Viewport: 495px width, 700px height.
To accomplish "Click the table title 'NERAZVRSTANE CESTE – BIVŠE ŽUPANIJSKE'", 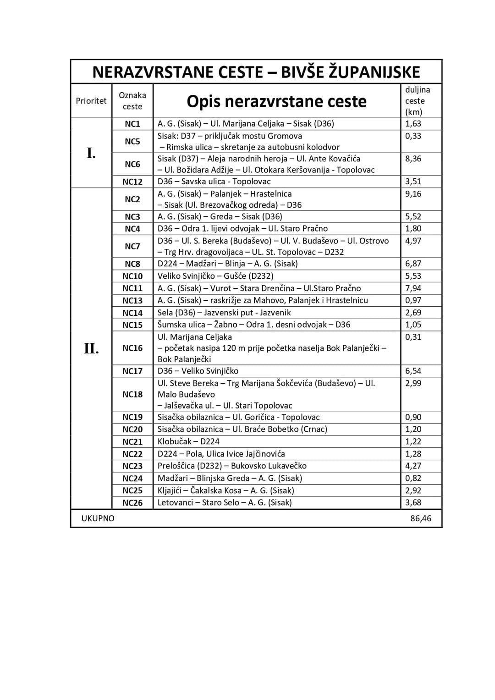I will click(x=256, y=72).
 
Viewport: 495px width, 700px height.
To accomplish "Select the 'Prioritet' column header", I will click(x=91, y=101).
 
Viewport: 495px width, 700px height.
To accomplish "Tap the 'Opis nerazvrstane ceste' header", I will click(x=276, y=101).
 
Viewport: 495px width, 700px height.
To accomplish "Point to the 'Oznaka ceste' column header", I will click(x=132, y=101).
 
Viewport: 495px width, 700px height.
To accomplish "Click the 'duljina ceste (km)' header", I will click(x=417, y=101).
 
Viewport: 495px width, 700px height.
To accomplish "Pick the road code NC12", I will click(x=132, y=182).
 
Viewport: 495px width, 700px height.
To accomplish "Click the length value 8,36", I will click(x=413, y=159).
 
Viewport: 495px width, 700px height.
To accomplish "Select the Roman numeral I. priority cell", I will click(x=91, y=153).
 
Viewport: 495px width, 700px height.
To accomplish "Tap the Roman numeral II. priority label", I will click(x=91, y=348).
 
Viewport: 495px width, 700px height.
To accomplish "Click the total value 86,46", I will click(x=421, y=518).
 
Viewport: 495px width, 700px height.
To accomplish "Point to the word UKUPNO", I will click(x=98, y=518).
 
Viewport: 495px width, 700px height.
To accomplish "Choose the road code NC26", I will click(x=132, y=503).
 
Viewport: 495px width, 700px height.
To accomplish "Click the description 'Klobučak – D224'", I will click(x=188, y=441).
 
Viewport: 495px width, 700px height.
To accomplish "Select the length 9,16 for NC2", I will click(x=413, y=194).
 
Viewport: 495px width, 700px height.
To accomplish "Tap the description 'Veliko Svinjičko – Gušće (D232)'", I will click(x=215, y=276).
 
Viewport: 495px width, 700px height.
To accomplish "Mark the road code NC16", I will click(x=132, y=348).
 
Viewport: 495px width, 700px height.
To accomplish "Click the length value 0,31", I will click(x=413, y=337).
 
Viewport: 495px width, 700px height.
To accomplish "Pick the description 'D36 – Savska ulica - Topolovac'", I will click(x=214, y=182).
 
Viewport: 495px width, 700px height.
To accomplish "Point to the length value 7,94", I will click(x=413, y=288).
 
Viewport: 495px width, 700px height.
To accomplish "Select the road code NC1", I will click(x=132, y=124).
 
